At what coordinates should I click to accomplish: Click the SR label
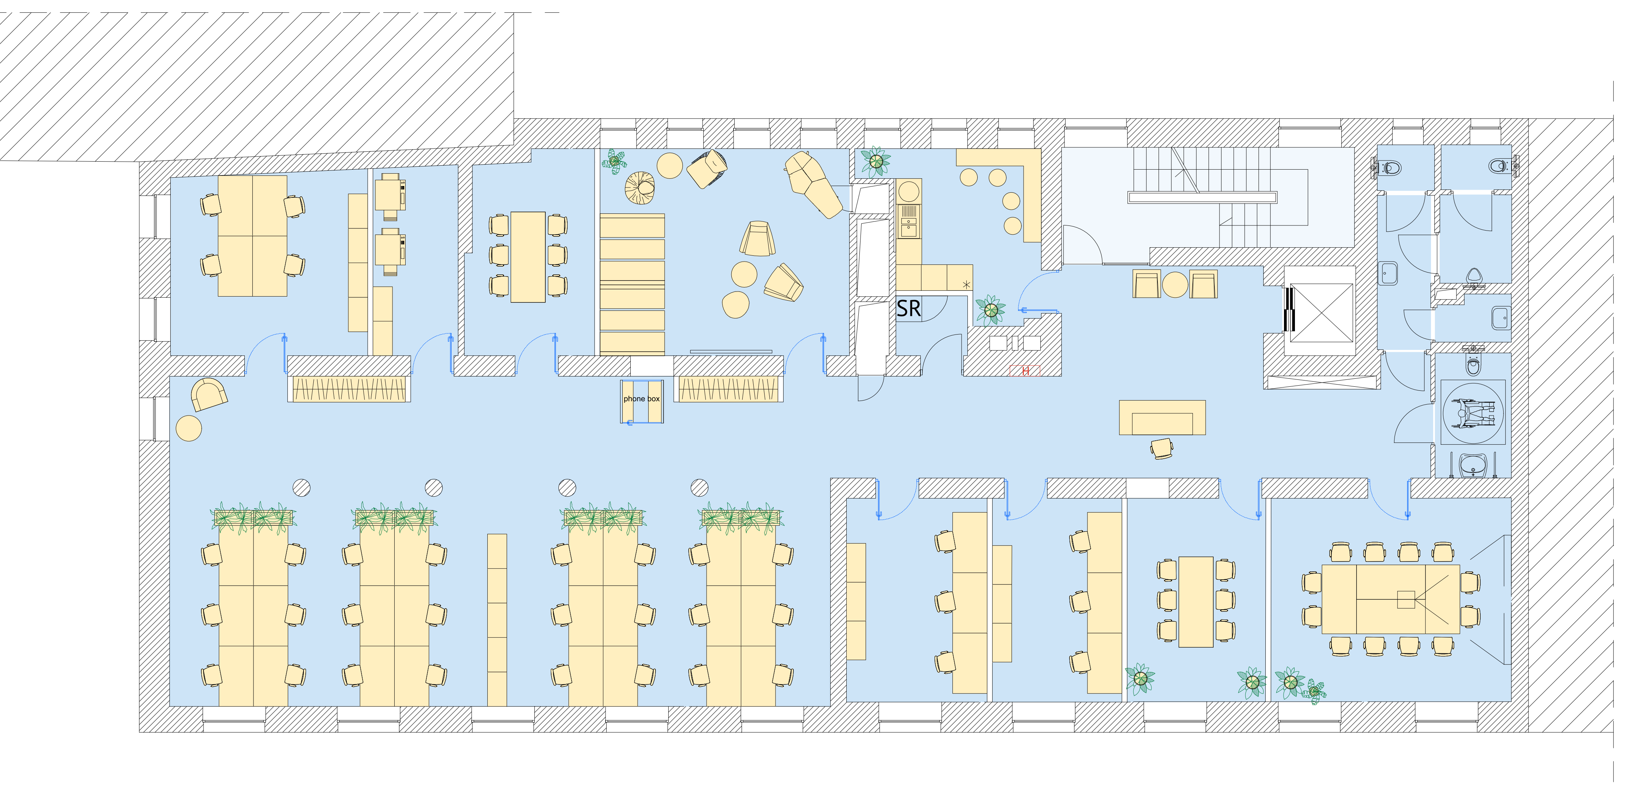908,309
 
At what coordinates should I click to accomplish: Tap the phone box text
641,399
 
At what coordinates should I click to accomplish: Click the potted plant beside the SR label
990,310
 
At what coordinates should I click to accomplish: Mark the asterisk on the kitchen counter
966,285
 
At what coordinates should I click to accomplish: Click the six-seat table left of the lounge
528,256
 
